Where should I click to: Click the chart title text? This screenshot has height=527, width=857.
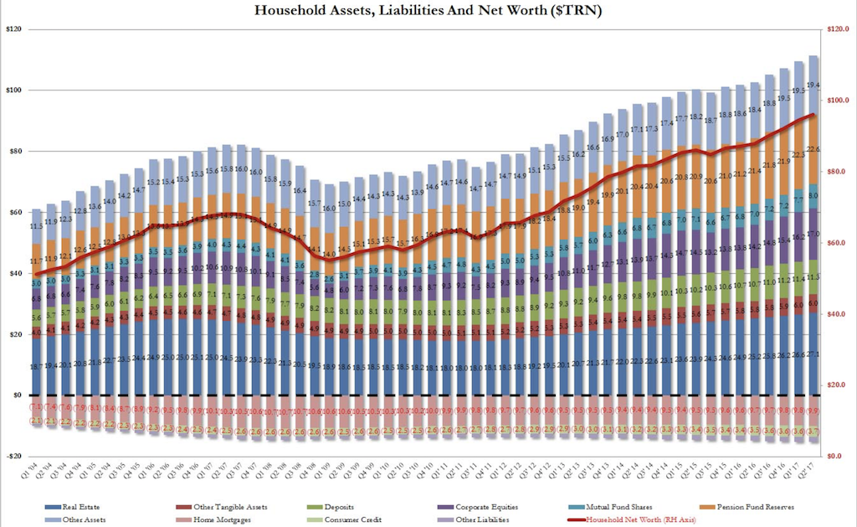point(428,12)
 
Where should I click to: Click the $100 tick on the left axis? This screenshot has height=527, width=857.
point(14,90)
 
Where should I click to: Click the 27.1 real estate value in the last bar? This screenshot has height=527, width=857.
point(813,354)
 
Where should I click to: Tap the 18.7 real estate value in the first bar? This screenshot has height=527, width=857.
point(36,367)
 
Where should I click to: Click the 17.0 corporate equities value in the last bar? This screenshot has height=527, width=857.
point(813,234)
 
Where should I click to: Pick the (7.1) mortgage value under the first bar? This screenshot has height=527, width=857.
point(36,406)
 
